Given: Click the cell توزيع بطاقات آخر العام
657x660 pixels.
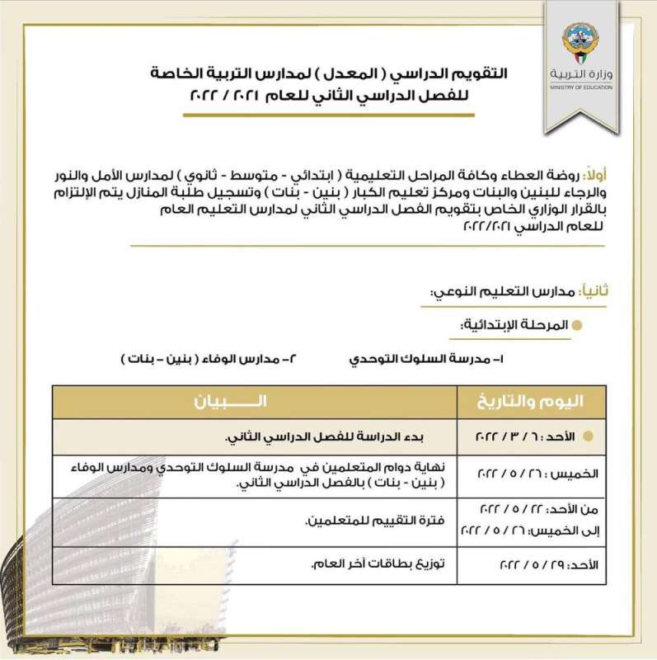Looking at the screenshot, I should coord(375,565).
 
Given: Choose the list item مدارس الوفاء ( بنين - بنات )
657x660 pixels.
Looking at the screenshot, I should coord(193,361).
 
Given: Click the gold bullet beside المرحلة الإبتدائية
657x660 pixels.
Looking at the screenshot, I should coord(578,326).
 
